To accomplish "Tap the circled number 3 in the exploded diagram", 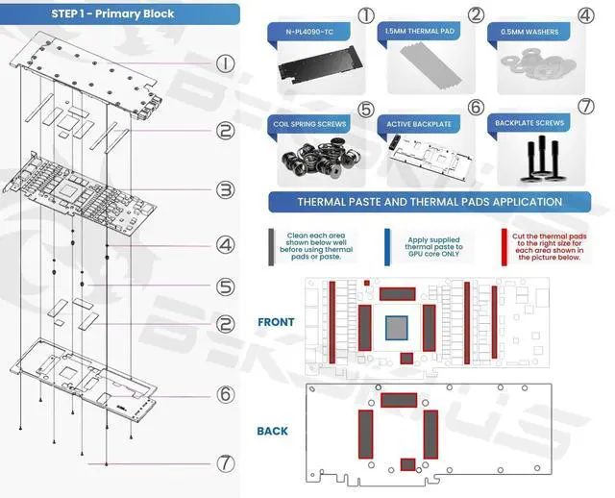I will click(225, 190).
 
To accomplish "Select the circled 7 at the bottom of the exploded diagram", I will click(225, 462).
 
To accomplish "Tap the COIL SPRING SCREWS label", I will click(309, 124).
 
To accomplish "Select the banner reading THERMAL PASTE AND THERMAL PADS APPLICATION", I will click(430, 202).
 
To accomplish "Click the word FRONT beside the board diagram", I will click(277, 322).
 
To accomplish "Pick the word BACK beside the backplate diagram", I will click(273, 431).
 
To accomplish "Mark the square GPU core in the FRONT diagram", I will click(398, 327).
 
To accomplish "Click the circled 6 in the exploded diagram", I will click(225, 394).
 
